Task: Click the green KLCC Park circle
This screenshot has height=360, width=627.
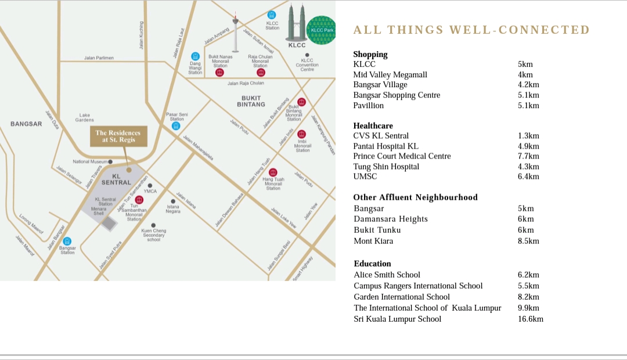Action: click(x=321, y=30)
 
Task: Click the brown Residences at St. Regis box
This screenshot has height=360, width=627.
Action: click(x=118, y=136)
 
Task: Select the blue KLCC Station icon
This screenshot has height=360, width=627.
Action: click(x=272, y=15)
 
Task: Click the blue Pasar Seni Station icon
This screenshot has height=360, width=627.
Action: click(x=176, y=125)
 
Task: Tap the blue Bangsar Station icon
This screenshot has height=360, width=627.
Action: click(x=67, y=241)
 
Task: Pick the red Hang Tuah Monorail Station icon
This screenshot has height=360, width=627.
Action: click(x=273, y=172)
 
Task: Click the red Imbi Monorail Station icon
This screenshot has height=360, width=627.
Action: click(x=302, y=134)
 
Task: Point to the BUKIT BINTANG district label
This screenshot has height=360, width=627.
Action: click(x=251, y=101)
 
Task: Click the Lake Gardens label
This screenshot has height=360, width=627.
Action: click(x=85, y=118)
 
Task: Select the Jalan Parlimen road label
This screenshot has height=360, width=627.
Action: click(x=99, y=58)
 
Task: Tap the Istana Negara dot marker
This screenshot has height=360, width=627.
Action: click(x=173, y=201)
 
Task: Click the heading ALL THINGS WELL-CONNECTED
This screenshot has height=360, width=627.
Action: click(x=471, y=30)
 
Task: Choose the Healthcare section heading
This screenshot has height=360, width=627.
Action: click(x=373, y=125)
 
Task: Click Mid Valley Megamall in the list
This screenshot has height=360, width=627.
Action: click(x=390, y=74)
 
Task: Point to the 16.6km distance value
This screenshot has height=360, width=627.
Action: click(x=531, y=319)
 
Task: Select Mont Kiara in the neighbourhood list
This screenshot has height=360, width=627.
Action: click(x=373, y=241)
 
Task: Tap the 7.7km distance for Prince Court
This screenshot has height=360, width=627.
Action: click(x=528, y=156)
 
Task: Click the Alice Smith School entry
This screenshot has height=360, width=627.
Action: click(x=387, y=275)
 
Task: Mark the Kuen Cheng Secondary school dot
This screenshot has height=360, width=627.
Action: click(x=153, y=225)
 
